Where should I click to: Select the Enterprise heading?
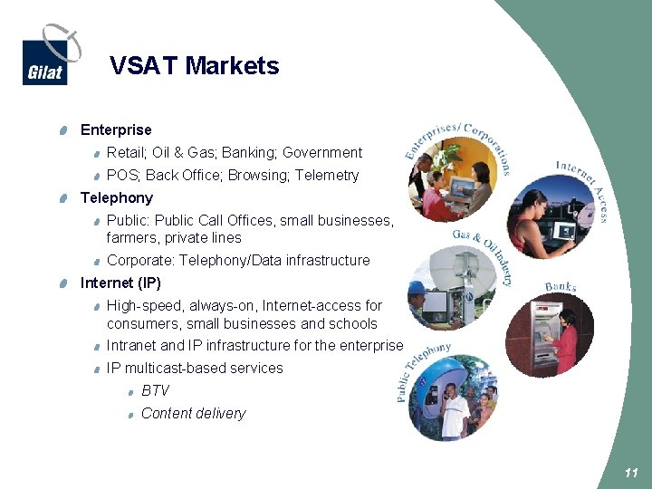pos(116,130)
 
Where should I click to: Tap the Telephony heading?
pos(117,197)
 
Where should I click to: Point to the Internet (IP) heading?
pos(120,283)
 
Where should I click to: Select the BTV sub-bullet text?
pos(155,391)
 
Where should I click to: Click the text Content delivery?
pos(193,414)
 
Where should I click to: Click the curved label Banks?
pos(561,287)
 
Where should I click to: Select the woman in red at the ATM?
pos(565,339)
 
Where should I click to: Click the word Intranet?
pos(131,346)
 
